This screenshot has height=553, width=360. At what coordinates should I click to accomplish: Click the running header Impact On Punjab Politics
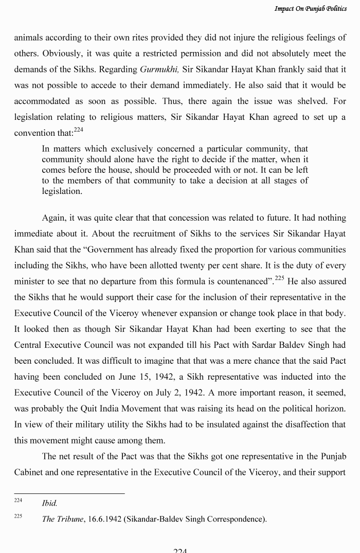[310, 8]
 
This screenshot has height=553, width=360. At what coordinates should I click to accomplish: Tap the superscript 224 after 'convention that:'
[78, 130]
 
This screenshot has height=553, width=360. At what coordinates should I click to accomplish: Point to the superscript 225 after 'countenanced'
[279, 278]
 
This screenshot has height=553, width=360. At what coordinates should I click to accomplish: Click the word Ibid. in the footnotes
[49, 503]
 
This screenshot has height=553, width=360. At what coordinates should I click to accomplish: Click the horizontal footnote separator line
[69, 493]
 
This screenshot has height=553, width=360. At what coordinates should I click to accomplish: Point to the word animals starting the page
[30, 38]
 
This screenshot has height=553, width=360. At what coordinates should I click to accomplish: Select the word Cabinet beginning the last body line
[29, 472]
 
